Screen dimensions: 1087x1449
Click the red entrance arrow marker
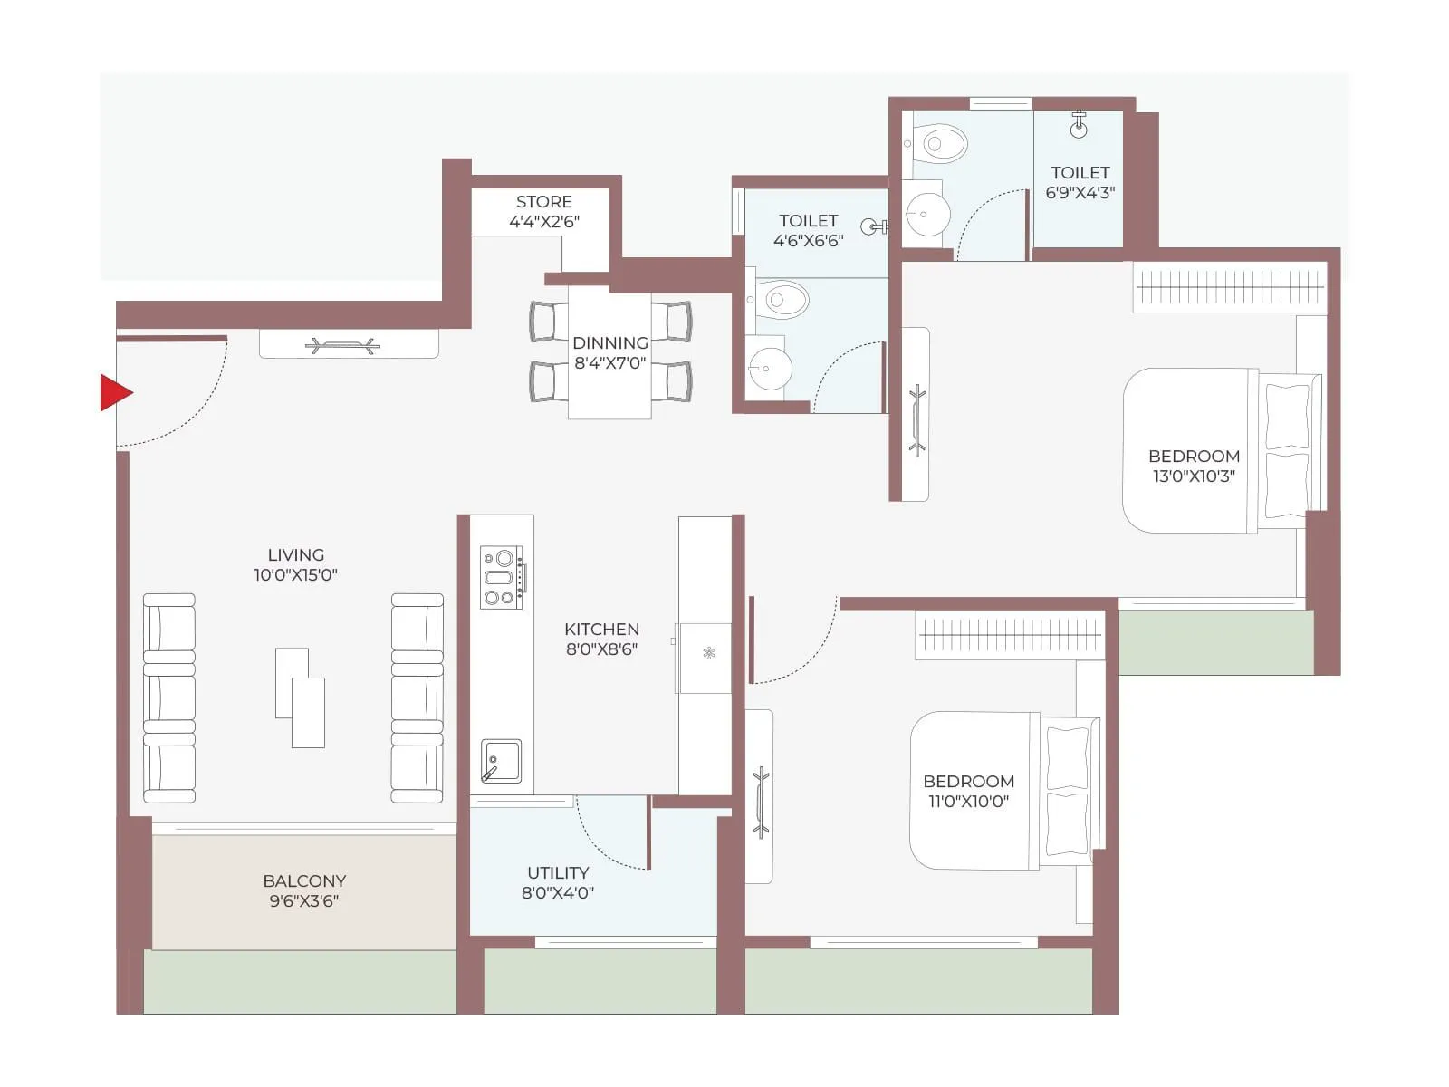coord(115,393)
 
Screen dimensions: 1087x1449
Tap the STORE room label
coord(543,202)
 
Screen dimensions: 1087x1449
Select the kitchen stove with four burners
coord(502,577)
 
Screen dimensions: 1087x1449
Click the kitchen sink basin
coord(501,761)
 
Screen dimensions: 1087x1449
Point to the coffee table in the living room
coord(300,697)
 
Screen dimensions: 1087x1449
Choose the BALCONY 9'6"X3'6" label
coord(304,890)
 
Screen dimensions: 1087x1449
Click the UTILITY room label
coord(558,873)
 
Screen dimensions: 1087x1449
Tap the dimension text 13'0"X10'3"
coord(1194,476)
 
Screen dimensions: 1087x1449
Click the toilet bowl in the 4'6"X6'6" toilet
coord(783,299)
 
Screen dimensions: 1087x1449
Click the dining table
coord(609,353)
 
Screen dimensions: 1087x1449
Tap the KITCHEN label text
coord(601,629)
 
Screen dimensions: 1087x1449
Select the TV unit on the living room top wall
coord(349,344)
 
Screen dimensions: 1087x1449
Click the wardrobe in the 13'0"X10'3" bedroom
coord(1230,288)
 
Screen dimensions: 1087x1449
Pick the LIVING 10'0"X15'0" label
coord(295,564)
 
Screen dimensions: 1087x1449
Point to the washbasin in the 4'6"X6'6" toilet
coord(769,369)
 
